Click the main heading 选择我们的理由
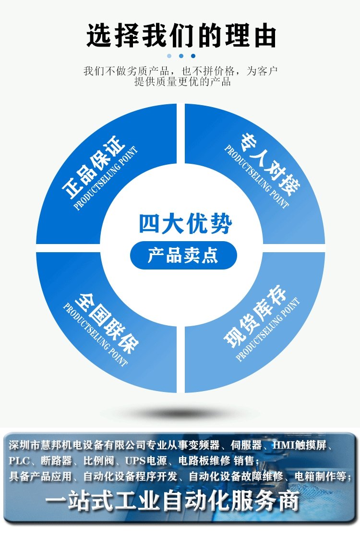(181, 36)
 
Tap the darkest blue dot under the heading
(193, 56)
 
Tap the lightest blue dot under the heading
(169, 56)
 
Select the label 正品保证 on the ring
(93, 167)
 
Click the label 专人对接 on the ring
(270, 164)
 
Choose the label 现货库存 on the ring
(255, 315)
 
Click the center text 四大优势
(185, 223)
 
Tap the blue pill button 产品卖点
(183, 255)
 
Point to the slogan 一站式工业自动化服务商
(172, 501)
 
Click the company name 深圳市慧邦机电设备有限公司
(77, 445)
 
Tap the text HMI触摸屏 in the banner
(300, 445)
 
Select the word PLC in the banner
(19, 461)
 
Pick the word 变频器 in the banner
(204, 445)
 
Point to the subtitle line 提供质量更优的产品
(182, 82)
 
